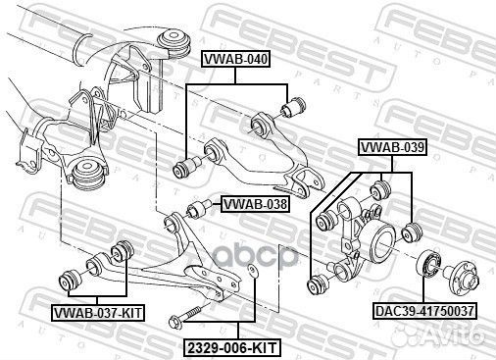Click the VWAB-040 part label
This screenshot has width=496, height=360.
235,60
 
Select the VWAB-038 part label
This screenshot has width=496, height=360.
254,205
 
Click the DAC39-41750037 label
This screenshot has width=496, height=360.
423,311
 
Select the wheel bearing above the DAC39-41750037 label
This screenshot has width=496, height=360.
430,264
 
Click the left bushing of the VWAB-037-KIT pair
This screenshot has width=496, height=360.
74,276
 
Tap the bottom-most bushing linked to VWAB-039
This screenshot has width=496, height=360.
318,285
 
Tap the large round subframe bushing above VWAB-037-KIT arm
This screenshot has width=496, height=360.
89,177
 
